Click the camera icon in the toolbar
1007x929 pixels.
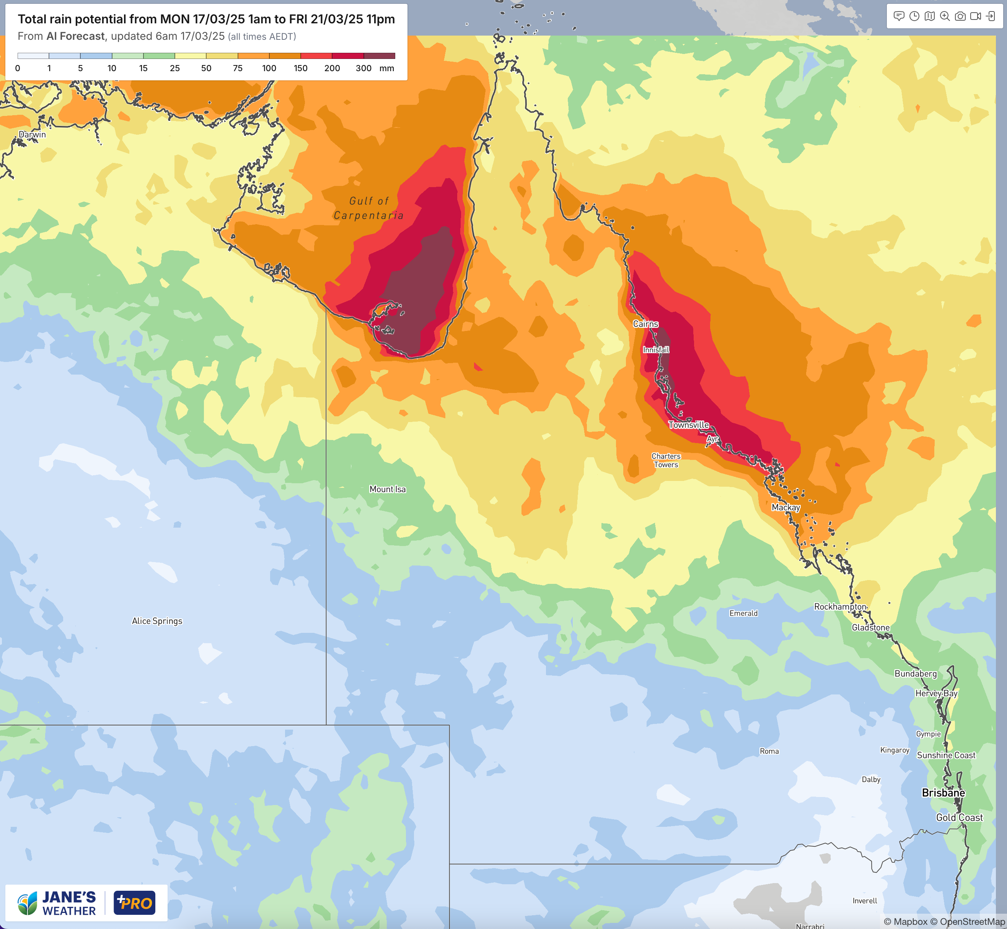click(x=960, y=16)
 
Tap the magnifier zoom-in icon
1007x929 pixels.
click(x=945, y=16)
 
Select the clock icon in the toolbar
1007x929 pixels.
click(x=914, y=16)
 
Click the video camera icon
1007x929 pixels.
click(x=975, y=16)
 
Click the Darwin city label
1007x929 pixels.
click(x=32, y=134)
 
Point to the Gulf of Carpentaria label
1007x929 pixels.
click(x=368, y=208)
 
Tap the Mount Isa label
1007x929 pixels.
click(x=387, y=489)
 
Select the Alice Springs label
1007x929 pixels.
click(x=157, y=621)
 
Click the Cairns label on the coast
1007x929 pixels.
click(x=645, y=324)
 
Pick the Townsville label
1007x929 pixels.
click(x=688, y=425)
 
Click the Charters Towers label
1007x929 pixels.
click(x=666, y=460)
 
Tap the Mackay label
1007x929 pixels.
click(x=785, y=507)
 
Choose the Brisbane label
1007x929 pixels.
click(x=943, y=793)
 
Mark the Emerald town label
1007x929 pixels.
click(x=743, y=613)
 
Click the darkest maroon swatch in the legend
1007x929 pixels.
click(x=379, y=56)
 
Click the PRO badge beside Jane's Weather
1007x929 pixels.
click(x=134, y=903)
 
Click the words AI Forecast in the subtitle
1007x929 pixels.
click(x=75, y=36)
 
